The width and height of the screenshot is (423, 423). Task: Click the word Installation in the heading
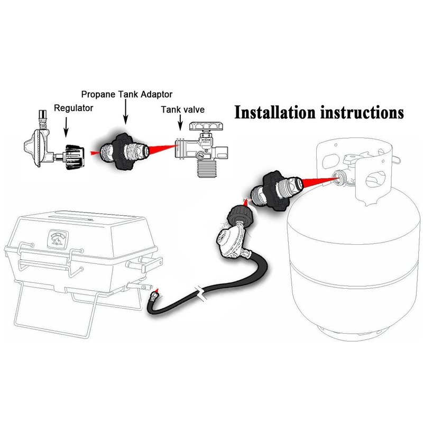pyautogui.click(x=275, y=113)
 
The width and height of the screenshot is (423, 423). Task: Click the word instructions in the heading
pyautogui.click(x=362, y=113)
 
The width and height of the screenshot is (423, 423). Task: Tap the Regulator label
pyautogui.click(x=73, y=108)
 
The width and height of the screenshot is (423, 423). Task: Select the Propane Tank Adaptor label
pyautogui.click(x=127, y=95)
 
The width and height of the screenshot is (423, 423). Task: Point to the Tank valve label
pyautogui.click(x=182, y=109)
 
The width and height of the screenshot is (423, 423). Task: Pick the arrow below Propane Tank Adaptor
pyautogui.click(x=125, y=112)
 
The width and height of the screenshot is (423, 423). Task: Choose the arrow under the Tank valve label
pyautogui.click(x=180, y=123)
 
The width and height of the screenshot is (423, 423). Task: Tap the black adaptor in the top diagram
pyautogui.click(x=124, y=152)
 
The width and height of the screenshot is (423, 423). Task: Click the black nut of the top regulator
pyautogui.click(x=75, y=157)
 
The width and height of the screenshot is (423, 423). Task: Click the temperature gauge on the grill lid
pyautogui.click(x=58, y=238)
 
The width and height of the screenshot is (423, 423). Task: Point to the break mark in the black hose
pyautogui.click(x=200, y=293)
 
